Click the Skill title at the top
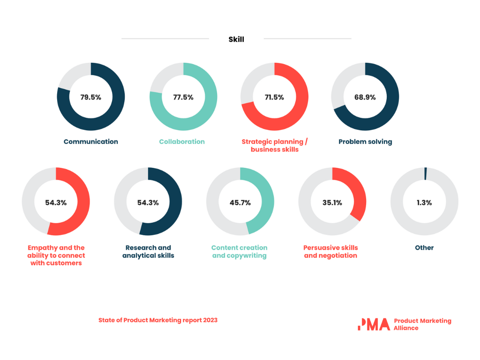click(236, 39)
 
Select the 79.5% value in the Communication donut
click(90, 97)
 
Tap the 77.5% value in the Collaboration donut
click(183, 97)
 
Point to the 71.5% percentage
click(274, 97)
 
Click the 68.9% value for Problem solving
click(365, 97)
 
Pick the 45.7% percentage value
click(240, 202)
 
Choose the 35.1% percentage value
click(332, 202)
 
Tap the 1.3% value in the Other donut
click(424, 202)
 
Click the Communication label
click(90, 142)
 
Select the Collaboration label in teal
click(182, 142)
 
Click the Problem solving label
click(365, 142)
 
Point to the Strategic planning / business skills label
click(274, 145)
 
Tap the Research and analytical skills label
click(148, 251)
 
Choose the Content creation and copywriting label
click(240, 251)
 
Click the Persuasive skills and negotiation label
click(330, 251)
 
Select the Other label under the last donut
click(424, 247)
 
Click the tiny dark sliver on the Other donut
click(426, 173)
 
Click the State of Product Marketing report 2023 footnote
click(158, 320)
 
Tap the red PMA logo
click(374, 324)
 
